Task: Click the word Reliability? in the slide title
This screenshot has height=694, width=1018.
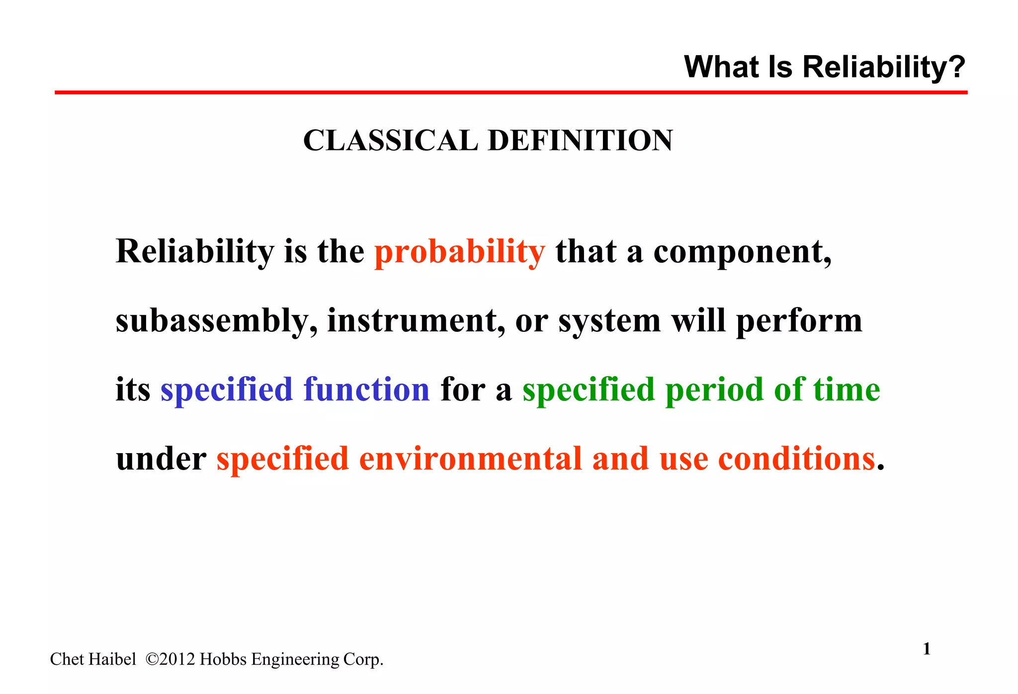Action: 883,67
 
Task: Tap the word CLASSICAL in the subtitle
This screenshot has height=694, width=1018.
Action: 390,141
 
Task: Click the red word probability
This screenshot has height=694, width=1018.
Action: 460,252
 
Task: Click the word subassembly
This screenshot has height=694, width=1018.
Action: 216,321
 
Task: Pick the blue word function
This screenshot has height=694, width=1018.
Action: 367,389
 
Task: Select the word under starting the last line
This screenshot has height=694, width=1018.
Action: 161,459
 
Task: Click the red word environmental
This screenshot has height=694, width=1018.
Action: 470,459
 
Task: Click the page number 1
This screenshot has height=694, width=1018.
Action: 927,649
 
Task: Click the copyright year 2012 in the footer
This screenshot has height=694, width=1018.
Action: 177,659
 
